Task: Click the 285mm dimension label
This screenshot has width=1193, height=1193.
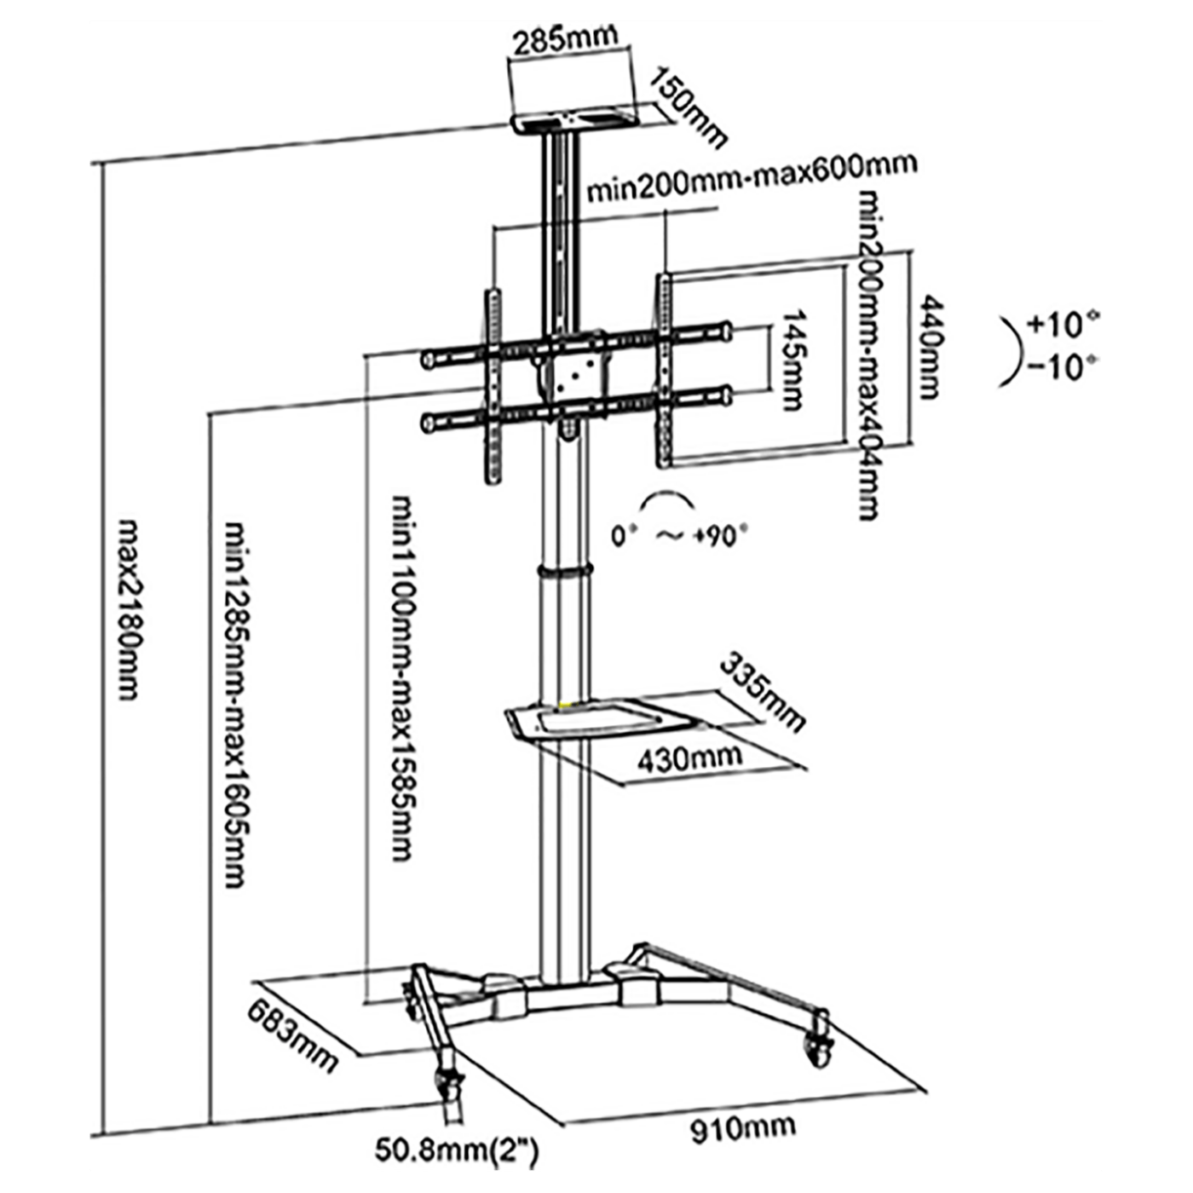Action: click(x=563, y=38)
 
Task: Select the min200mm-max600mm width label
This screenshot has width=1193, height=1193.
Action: click(x=752, y=177)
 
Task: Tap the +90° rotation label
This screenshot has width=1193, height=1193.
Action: click(x=720, y=536)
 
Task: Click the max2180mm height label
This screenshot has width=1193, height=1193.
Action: click(x=128, y=608)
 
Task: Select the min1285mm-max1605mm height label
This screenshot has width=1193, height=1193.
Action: click(x=235, y=704)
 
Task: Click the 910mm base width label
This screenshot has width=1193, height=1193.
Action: click(x=742, y=1129)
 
